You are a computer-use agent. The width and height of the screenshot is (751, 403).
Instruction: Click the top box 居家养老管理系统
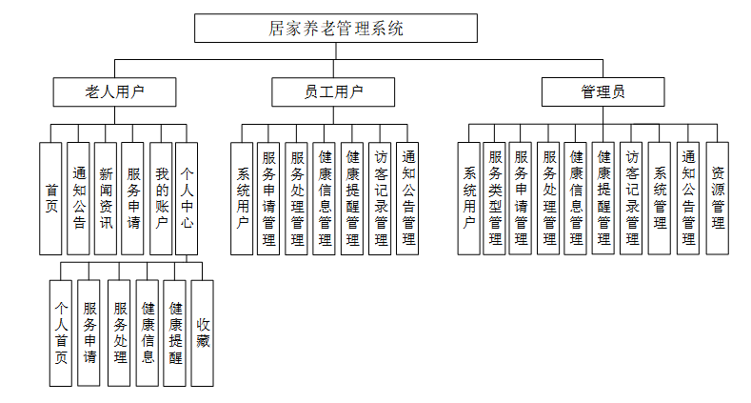(x=336, y=28)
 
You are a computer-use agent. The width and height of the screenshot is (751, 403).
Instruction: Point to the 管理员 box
(x=603, y=92)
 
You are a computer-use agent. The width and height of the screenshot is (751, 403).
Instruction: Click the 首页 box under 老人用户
(x=50, y=198)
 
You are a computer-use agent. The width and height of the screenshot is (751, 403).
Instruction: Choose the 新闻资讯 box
(x=106, y=198)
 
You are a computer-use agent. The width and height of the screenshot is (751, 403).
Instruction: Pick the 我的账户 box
(x=161, y=198)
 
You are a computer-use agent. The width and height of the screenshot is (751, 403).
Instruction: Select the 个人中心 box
(x=188, y=198)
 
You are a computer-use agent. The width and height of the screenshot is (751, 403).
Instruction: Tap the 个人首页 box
(x=61, y=332)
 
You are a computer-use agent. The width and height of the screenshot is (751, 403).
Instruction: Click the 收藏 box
(x=202, y=332)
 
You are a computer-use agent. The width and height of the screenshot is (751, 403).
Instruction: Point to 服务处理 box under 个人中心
(x=120, y=332)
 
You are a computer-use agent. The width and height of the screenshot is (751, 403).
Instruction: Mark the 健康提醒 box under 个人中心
(x=175, y=332)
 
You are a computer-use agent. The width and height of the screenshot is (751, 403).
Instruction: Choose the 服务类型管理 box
(x=495, y=198)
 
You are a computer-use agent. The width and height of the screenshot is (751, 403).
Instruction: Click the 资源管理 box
(x=718, y=198)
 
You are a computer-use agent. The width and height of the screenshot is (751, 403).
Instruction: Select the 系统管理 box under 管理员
(x=661, y=198)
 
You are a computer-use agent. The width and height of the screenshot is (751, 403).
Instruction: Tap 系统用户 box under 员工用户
(x=242, y=198)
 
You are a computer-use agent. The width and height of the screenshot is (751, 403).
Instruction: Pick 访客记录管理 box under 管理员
(x=632, y=198)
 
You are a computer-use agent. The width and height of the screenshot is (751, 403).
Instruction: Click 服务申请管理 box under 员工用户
(x=269, y=198)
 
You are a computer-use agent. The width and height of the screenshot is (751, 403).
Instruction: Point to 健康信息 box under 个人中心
(x=148, y=332)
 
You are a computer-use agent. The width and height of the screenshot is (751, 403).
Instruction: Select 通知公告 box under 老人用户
(x=79, y=198)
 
